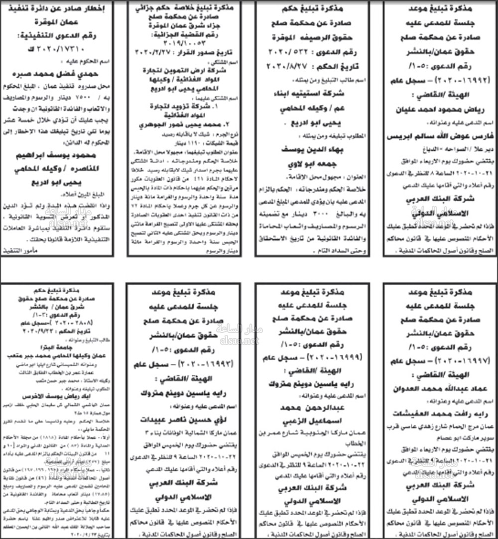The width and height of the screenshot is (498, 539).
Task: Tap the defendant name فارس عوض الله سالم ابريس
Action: pos(441,135)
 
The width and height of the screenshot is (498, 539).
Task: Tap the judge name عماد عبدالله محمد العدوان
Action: pos(440,388)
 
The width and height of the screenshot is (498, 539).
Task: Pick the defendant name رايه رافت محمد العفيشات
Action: pos(440,413)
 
